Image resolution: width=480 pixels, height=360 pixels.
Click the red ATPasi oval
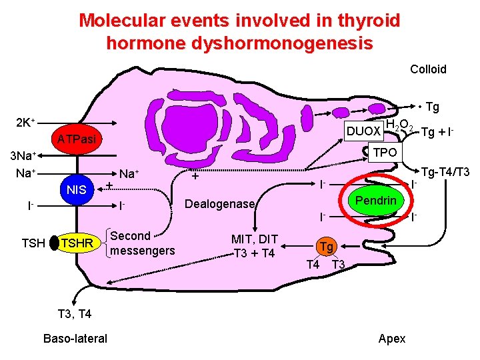coord(76,138)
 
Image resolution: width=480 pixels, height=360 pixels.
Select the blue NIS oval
coord(77,190)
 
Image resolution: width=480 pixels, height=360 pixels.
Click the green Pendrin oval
coord(375,201)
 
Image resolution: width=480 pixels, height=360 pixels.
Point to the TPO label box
coord(385,152)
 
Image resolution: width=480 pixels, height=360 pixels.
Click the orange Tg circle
coord(325,247)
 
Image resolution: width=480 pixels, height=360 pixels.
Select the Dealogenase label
coord(219,204)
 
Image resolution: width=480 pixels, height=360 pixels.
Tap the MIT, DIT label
coord(254,239)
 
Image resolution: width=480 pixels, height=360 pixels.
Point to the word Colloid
coord(428,69)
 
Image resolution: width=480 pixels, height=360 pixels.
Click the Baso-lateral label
coord(75,339)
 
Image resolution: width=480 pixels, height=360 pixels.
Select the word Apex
coord(391,339)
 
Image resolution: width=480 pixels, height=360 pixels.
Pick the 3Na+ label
coord(20,157)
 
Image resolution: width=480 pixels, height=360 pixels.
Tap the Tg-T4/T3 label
coord(445,173)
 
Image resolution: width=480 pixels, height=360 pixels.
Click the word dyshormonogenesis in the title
coord(239,43)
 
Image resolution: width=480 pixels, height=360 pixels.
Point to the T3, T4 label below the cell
coord(75,314)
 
